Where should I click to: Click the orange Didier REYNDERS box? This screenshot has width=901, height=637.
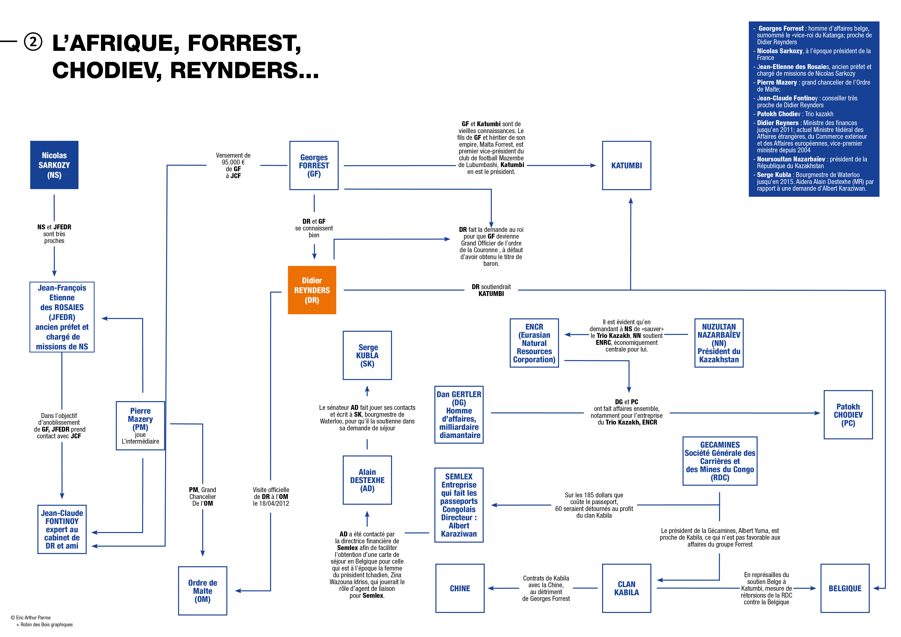click(312, 290)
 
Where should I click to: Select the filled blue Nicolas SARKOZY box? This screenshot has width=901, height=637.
click(54, 165)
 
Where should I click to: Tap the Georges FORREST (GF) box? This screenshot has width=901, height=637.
click(314, 166)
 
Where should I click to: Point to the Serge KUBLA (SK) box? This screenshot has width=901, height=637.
click(367, 355)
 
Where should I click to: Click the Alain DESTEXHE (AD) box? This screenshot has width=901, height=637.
click(367, 480)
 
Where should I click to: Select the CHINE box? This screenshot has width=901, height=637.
click(460, 588)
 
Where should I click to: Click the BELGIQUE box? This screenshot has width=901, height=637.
click(845, 588)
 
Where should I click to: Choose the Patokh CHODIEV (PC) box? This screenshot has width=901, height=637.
click(848, 415)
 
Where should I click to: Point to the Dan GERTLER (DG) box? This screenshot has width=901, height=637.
click(459, 415)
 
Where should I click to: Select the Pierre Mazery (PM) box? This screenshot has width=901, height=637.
click(141, 426)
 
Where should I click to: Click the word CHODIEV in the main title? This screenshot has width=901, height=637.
click(106, 71)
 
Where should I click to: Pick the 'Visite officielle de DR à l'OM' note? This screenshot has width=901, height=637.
click(271, 497)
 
